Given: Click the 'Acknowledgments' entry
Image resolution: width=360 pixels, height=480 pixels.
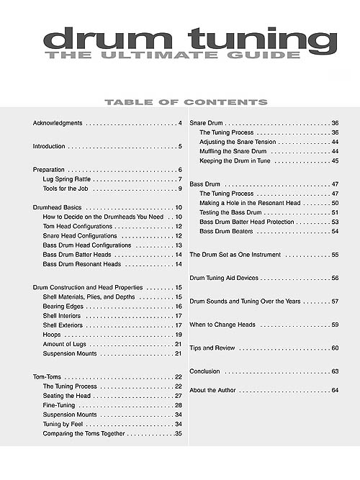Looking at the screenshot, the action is [x=58, y=124].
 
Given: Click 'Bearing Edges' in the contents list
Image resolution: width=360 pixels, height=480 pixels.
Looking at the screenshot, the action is [x=65, y=306].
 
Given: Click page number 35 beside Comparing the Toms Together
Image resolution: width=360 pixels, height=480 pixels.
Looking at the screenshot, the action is [x=178, y=434].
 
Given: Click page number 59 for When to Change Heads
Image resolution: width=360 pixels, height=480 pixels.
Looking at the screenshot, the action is [x=335, y=325].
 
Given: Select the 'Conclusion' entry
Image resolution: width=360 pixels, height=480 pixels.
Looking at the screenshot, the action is [x=204, y=371].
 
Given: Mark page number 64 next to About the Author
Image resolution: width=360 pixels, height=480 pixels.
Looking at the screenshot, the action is [x=335, y=390].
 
